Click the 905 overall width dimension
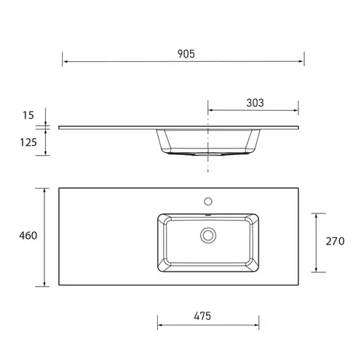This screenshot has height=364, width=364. point(185,55)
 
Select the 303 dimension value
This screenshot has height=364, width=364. point(254,103)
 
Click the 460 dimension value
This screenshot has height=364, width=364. point(28,236)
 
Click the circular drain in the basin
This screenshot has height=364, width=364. point(209,234)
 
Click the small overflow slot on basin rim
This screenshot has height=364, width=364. point(209,215)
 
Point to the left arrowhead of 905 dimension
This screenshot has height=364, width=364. point(65,63)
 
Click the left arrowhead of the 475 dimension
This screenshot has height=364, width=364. point(160,325)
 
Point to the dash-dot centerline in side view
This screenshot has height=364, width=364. point(209,164)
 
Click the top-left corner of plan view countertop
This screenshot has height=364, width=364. point(59,188)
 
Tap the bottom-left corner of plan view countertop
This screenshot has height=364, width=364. point(59,285)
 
